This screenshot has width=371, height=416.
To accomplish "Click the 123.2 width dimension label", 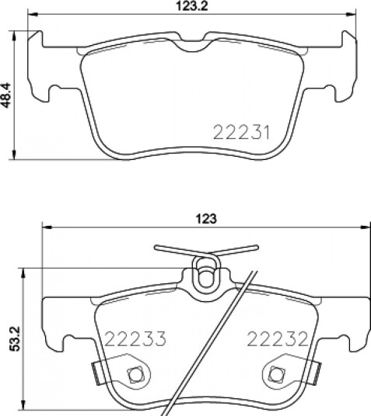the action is pyautogui.click(x=192, y=5).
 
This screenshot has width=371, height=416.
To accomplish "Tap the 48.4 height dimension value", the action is pyautogui.click(x=6, y=95).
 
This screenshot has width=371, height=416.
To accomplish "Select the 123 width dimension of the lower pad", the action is pyautogui.click(x=206, y=219).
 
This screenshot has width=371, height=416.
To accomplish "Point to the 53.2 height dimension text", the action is pyautogui.click(x=15, y=339).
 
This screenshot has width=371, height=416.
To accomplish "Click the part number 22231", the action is pyautogui.click(x=241, y=133).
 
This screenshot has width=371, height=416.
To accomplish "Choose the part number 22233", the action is pyautogui.click(x=135, y=339).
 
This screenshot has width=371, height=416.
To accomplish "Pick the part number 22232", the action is pyautogui.click(x=278, y=339).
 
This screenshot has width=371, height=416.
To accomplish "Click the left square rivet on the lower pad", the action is pyautogui.click(x=135, y=375).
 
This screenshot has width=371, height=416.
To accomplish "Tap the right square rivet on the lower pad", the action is pyautogui.click(x=276, y=374).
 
